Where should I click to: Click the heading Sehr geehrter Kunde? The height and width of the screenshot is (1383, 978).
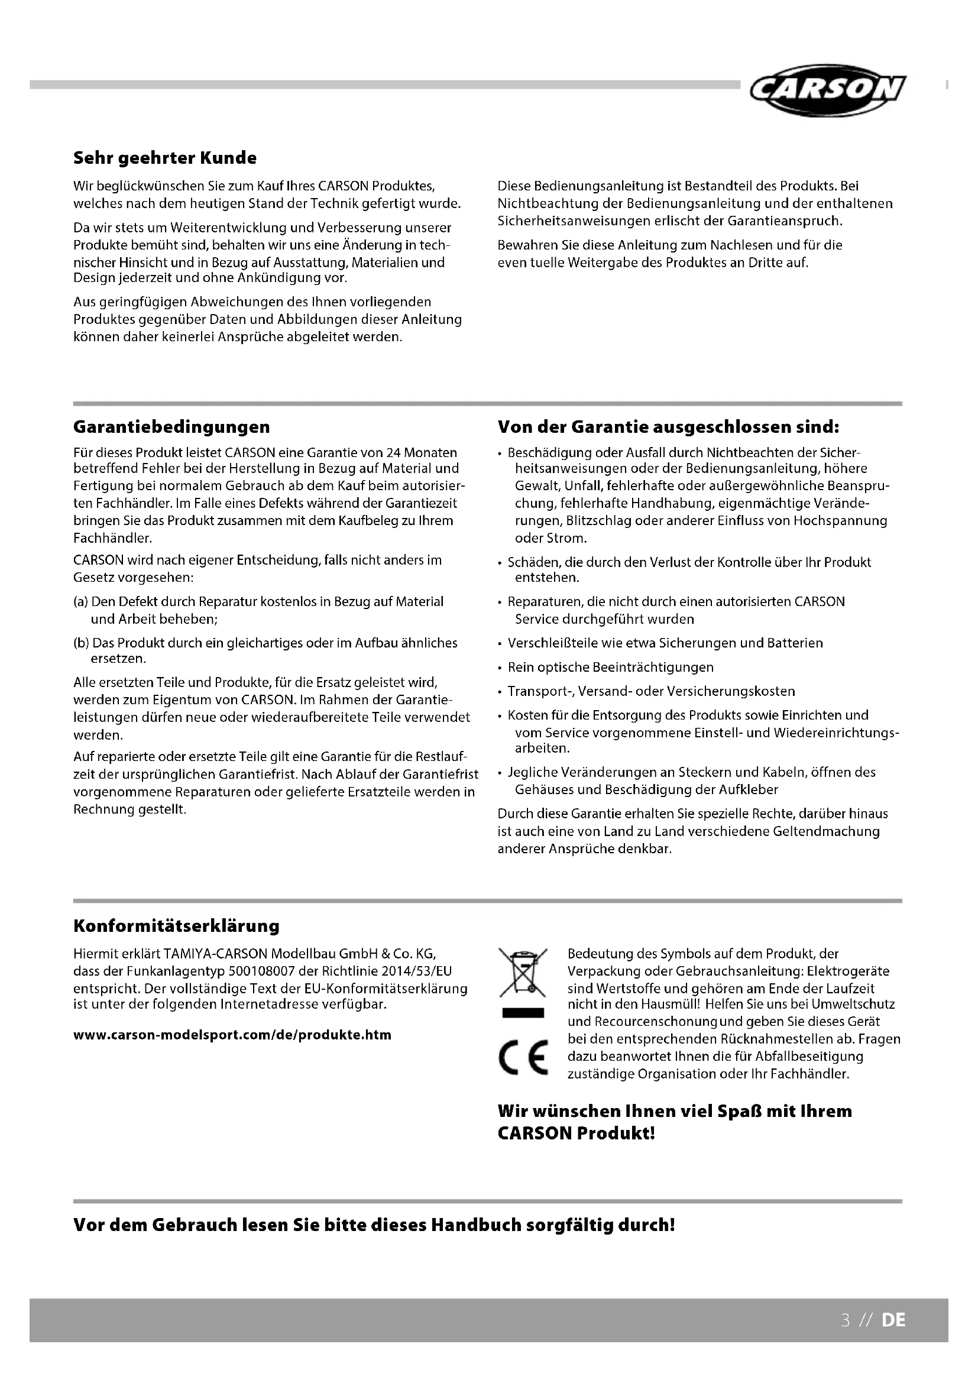(164, 158)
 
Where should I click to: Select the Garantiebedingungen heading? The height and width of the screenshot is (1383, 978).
(171, 427)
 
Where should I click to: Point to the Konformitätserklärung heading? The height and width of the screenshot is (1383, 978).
(176, 926)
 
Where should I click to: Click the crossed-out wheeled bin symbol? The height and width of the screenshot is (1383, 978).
(522, 973)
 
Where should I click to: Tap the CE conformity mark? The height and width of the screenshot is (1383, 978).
(523, 1057)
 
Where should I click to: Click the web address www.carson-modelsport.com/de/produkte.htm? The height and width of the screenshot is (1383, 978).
(232, 1035)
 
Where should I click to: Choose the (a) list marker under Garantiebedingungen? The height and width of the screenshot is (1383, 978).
(80, 602)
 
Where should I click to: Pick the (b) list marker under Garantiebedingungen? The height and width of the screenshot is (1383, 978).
(80, 643)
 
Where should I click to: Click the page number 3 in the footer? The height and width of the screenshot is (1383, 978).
(846, 1320)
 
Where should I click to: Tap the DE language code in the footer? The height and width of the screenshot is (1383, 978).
(893, 1320)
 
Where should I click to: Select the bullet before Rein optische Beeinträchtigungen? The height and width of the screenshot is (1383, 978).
(500, 668)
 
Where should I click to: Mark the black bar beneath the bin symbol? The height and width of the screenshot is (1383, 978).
(523, 1013)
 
